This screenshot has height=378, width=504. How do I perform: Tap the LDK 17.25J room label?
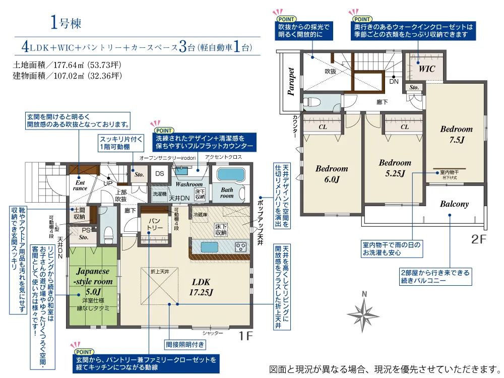click(x=200, y=287)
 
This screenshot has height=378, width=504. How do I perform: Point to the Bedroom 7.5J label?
click(x=456, y=135)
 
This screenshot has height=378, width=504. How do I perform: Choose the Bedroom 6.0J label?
click(x=332, y=174)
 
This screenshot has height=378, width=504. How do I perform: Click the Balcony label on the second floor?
click(x=454, y=204)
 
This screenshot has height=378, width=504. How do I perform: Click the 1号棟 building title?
click(x=66, y=23)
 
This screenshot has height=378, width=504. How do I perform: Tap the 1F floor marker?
click(x=245, y=335)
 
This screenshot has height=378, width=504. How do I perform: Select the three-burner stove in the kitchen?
click(x=240, y=247)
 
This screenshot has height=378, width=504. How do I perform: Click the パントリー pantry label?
click(x=154, y=224)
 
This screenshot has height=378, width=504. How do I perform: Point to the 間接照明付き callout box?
click(x=185, y=345)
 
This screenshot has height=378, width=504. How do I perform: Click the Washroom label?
click(x=189, y=184)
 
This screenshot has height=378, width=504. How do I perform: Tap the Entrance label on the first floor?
click(x=80, y=185)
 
